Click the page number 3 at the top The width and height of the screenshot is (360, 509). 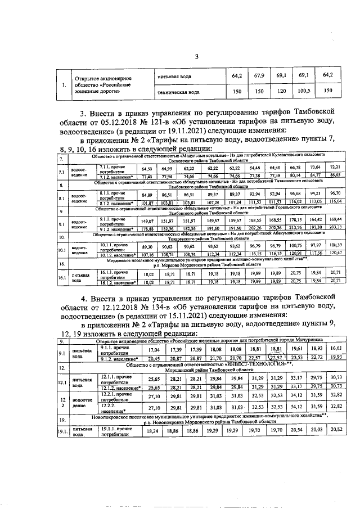tap(197, 56)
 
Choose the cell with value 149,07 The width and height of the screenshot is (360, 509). tap(148, 221)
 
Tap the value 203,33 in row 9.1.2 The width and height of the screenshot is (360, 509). tap(336, 227)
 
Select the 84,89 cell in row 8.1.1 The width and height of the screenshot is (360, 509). tap(148, 194)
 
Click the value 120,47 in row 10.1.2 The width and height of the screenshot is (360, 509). tap(336, 254)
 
